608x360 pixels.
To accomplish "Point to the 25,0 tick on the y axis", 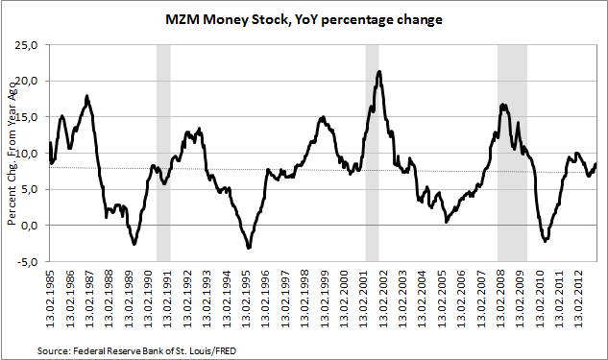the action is [26, 44].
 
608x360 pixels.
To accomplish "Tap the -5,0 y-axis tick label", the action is [27, 261].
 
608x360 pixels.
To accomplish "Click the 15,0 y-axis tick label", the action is [26, 117].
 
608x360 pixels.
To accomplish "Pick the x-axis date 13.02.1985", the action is [51, 299].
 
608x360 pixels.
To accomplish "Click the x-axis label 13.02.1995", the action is [246, 299].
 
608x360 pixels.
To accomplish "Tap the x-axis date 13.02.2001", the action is [364, 299].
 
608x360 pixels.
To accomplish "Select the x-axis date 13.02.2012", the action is [579, 299].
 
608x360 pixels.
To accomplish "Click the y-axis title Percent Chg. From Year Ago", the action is [12, 154].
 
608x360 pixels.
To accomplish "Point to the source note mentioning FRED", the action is [136, 351].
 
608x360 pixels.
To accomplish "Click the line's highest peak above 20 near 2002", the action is [379, 71].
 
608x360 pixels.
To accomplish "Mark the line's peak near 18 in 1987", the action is [86, 96].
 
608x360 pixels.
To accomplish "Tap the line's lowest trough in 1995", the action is [249, 248].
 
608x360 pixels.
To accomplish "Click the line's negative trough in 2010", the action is [546, 241].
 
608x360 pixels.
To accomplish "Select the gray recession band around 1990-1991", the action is [163, 153].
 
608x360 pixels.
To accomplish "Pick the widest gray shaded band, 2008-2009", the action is [512, 153].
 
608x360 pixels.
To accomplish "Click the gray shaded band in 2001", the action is [372, 153].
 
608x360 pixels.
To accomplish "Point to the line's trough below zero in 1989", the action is [134, 244].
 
